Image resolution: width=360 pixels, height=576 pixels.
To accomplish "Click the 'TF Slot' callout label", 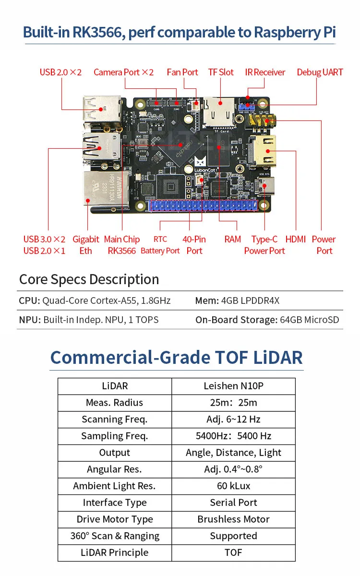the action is click(x=221, y=72).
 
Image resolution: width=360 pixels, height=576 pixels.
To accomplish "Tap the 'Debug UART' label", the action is click(x=320, y=72).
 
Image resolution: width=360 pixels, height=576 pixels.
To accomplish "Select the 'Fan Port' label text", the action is click(x=182, y=72).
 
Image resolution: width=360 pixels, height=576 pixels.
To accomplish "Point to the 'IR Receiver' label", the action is click(x=265, y=72).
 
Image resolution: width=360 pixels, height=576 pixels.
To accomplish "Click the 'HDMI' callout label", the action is click(x=296, y=240).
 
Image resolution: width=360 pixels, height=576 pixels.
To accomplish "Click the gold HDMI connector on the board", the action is click(x=264, y=151).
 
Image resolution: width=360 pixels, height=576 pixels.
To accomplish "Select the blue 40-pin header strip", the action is click(x=204, y=206).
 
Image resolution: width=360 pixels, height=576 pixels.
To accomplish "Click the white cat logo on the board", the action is click(x=200, y=161).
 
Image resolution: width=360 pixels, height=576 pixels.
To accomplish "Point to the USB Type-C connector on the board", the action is click(x=264, y=186).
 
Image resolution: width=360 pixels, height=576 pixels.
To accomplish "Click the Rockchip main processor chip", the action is click(x=181, y=145).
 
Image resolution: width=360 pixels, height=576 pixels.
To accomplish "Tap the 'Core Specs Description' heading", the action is click(x=89, y=279).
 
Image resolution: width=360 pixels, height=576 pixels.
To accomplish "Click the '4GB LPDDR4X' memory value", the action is click(x=250, y=300).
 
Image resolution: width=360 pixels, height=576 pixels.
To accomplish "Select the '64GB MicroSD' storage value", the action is click(x=309, y=320).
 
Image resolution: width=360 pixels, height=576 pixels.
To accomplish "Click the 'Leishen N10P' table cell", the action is click(x=233, y=386).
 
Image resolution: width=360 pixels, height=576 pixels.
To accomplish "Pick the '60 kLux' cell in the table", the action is click(x=233, y=486).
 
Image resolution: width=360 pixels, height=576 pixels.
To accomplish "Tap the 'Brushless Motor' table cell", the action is click(x=233, y=519).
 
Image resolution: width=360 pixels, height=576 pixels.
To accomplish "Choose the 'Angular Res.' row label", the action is click(x=114, y=469).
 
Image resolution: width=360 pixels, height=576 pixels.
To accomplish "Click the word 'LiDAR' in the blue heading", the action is click(x=278, y=358).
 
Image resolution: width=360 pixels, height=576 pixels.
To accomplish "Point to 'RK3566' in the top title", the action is click(x=97, y=32).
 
